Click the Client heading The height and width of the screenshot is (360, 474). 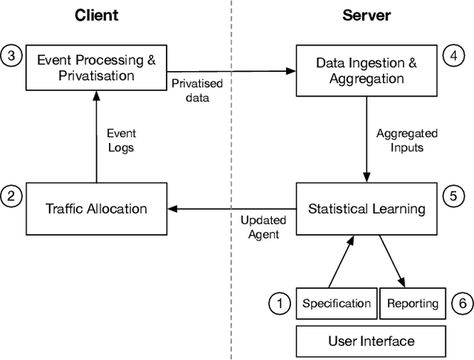coord(96,15)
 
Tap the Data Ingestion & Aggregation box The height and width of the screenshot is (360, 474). coord(366,70)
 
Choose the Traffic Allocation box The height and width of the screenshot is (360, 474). coord(96,208)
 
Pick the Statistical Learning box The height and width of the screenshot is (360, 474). coord(366,208)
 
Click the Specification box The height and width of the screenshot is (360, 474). coord(336,303)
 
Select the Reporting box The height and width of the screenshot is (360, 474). coord(412,303)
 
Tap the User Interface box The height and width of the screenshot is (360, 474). coord(371,341)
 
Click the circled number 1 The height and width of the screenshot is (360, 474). coord(279,303)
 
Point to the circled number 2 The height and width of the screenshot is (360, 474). coord(11,196)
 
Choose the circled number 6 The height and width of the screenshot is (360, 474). coord(461,303)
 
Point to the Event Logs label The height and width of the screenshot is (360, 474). coord(121,140)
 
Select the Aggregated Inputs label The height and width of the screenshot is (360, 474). coord(407,140)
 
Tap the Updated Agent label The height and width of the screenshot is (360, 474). coord(260,227)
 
